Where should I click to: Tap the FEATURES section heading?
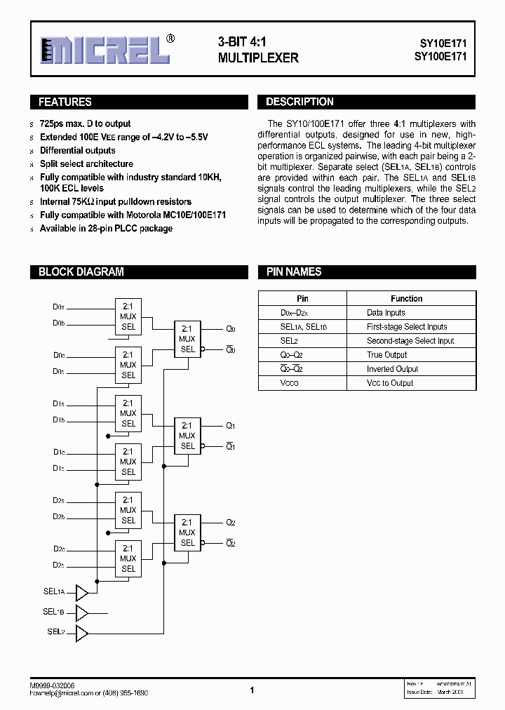[65, 102]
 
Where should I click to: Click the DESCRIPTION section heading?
[299, 102]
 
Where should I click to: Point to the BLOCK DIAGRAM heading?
[81, 272]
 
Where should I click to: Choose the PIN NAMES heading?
[293, 272]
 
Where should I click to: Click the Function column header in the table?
[406, 299]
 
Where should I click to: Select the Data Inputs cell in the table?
[386, 313]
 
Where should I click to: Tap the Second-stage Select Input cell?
[410, 341]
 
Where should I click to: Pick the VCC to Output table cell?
[390, 383]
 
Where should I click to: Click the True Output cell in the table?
[386, 355]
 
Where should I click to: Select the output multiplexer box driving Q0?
[187, 339]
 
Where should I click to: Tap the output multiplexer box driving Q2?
[187, 532]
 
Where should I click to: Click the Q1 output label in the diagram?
[231, 426]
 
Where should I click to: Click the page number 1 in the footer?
[252, 690]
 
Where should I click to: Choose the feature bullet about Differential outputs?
[78, 151]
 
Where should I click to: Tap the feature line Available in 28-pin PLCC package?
[106, 229]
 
